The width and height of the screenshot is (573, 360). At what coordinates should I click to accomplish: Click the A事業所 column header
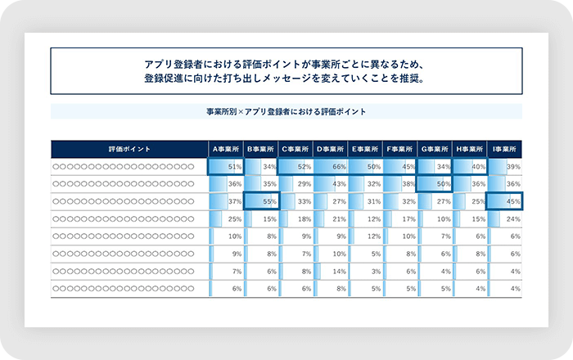tap(226, 150)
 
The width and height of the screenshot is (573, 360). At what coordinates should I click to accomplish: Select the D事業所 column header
tap(330, 150)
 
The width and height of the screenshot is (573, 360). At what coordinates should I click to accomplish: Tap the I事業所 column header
tap(504, 150)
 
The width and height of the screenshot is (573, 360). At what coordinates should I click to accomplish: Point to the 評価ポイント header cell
tap(129, 150)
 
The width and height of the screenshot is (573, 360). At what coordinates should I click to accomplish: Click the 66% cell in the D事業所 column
tap(330, 167)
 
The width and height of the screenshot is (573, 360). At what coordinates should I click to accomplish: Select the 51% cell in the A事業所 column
tap(227, 167)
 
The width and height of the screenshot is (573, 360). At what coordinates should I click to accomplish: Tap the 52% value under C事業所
tap(296, 167)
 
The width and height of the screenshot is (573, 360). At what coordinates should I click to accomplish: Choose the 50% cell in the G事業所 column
tap(435, 184)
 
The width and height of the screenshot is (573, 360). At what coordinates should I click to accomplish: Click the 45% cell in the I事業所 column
tap(504, 201)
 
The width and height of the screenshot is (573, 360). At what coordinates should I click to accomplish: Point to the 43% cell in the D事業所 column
tap(330, 184)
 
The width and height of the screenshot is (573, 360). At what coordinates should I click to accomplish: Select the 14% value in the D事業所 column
tap(330, 271)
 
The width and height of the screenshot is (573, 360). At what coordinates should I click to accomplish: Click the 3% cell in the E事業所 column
tap(365, 271)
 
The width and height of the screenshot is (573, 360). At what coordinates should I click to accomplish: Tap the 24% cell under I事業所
tap(504, 219)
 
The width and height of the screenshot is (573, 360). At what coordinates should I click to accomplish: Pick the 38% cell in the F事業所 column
tap(400, 184)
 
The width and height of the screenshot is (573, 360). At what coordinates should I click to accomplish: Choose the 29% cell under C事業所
tap(296, 184)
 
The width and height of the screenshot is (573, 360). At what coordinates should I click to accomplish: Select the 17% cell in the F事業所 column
tap(400, 219)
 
